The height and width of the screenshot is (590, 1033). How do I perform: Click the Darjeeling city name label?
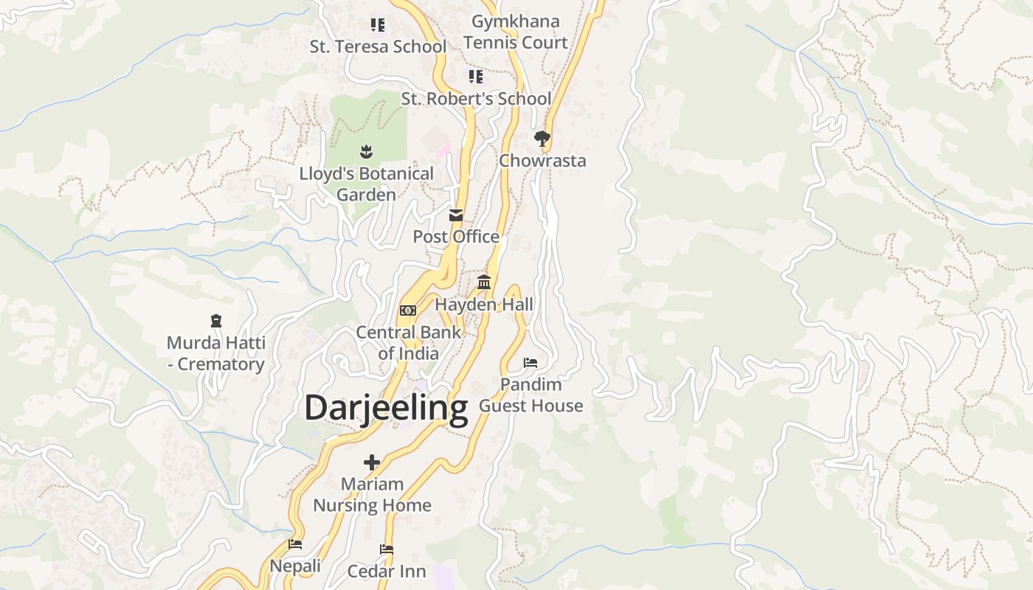(x=386, y=408)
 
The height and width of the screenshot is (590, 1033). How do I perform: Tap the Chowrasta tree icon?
(x=542, y=138)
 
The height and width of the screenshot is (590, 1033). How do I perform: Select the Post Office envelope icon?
(x=456, y=215)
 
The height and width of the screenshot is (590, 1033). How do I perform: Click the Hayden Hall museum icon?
(x=484, y=282)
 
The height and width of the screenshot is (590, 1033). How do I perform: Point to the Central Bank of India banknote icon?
(x=407, y=310)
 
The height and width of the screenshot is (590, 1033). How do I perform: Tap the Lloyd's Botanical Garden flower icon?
(x=366, y=152)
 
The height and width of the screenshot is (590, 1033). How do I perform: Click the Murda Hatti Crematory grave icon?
(x=216, y=321)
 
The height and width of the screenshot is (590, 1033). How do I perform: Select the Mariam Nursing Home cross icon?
(x=372, y=462)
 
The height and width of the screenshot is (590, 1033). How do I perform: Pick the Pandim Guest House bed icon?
(x=531, y=362)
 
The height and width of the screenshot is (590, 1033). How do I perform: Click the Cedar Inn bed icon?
(x=386, y=549)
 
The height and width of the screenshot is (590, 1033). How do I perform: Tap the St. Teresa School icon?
(x=378, y=25)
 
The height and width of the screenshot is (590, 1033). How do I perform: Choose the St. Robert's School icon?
(x=476, y=77)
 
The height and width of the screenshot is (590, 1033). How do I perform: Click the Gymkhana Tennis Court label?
(x=516, y=32)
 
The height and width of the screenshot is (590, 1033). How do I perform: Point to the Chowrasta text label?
(x=542, y=161)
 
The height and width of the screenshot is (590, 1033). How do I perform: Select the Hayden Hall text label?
(x=484, y=305)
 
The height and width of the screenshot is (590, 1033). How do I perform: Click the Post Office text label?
(x=456, y=237)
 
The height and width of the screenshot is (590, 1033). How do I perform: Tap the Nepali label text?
(x=295, y=566)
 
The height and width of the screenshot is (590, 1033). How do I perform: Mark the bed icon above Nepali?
(x=295, y=544)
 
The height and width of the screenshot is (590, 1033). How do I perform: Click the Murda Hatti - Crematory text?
(x=215, y=353)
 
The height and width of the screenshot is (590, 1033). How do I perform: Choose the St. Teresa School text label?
(x=378, y=46)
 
